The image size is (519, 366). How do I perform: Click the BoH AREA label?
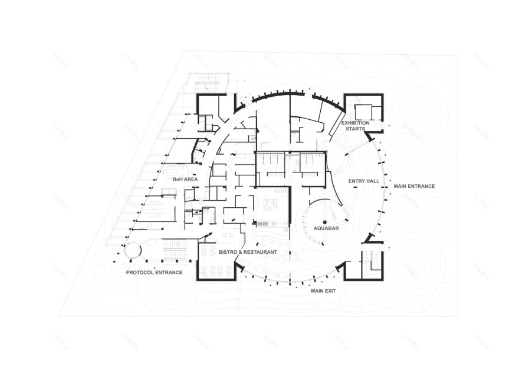[185, 179]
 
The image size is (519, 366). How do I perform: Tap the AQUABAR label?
[324, 228]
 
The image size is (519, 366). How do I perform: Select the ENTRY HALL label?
[363, 181]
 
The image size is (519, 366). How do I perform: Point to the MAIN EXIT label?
[323, 290]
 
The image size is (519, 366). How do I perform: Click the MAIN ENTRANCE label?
[414, 187]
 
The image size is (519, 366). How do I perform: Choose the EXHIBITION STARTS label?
[356, 126]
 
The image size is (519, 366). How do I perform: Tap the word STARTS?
[356, 129]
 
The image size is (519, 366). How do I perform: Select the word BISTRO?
[228, 252]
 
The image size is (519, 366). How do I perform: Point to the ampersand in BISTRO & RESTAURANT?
[242, 252]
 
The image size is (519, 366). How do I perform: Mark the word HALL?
[372, 181]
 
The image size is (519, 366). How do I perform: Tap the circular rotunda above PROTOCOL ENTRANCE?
[133, 250]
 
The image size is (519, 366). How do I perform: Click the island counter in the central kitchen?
[271, 204]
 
